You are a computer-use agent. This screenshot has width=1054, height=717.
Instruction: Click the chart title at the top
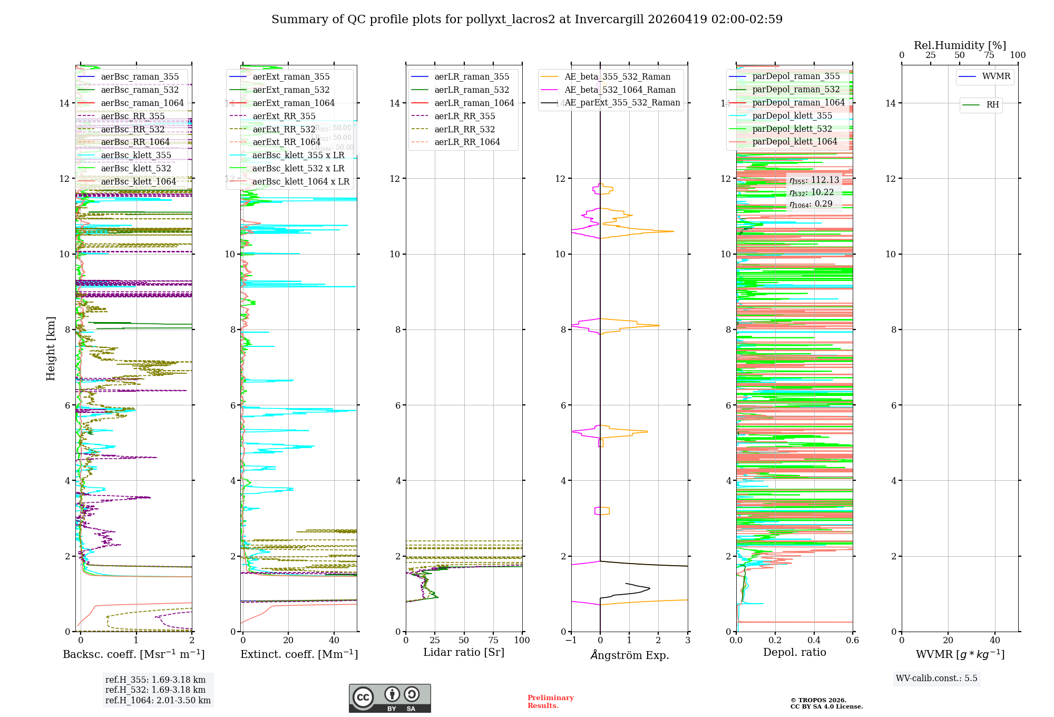click(526, 20)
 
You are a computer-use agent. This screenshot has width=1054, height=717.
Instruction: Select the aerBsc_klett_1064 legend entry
click(138, 182)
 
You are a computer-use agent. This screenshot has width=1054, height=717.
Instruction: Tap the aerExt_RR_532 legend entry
click(284, 129)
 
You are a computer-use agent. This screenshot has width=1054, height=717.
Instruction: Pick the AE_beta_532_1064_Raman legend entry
click(620, 90)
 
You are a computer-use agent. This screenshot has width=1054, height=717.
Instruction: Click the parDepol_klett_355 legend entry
click(792, 116)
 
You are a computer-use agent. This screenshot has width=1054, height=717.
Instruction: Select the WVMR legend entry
click(996, 76)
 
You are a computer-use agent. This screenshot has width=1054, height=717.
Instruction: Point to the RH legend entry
click(992, 105)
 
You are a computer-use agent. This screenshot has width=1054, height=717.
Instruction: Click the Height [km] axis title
click(51, 348)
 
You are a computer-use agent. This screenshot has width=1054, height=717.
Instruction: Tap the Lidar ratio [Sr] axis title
click(464, 653)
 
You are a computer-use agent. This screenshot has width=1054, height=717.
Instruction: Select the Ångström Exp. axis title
click(629, 655)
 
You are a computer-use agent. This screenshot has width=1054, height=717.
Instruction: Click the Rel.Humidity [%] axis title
click(960, 45)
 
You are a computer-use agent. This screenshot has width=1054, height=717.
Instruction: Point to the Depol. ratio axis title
click(794, 653)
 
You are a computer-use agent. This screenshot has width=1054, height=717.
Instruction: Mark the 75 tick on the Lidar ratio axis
click(493, 641)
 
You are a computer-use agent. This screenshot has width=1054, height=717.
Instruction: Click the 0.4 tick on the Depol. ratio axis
click(814, 641)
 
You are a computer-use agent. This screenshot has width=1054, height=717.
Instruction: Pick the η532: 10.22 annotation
click(812, 192)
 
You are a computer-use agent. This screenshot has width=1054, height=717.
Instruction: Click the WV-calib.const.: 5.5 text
click(936, 679)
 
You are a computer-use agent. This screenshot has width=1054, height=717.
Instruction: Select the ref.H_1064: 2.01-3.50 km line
click(158, 701)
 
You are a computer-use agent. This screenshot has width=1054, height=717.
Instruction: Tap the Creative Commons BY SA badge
click(389, 699)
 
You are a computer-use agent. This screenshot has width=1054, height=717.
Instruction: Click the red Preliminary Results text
click(550, 702)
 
